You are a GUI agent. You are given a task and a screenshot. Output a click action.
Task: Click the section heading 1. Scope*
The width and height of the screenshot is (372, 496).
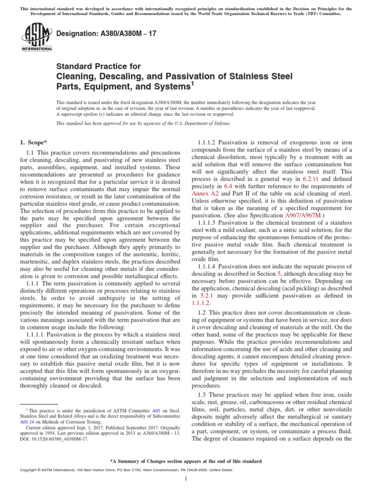[x=33, y=142]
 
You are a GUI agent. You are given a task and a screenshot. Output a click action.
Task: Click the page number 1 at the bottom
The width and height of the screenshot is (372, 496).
[x=186, y=479]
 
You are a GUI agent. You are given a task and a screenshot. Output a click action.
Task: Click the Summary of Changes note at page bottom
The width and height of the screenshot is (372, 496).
[x=186, y=461]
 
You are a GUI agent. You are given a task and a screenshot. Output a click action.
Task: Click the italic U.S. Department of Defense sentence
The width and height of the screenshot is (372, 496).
[x=143, y=124]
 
